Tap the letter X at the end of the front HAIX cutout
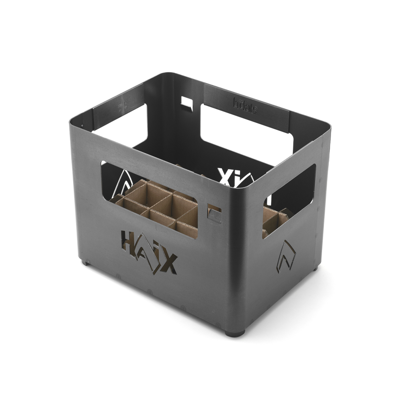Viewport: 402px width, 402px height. coord(168,264)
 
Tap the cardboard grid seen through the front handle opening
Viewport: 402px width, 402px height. coord(161,207)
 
